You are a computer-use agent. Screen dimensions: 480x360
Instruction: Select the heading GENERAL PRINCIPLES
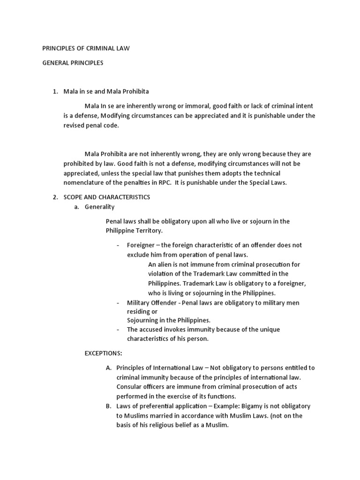click(x=73, y=63)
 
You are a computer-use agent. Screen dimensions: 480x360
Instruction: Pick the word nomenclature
click(x=85, y=183)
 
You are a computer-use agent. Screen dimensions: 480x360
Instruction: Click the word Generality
click(x=99, y=207)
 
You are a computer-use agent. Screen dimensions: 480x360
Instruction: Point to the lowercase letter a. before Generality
click(x=76, y=207)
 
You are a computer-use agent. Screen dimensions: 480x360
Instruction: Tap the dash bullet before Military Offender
click(x=118, y=303)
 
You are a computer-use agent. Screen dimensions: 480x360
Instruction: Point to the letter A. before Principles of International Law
click(x=109, y=368)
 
